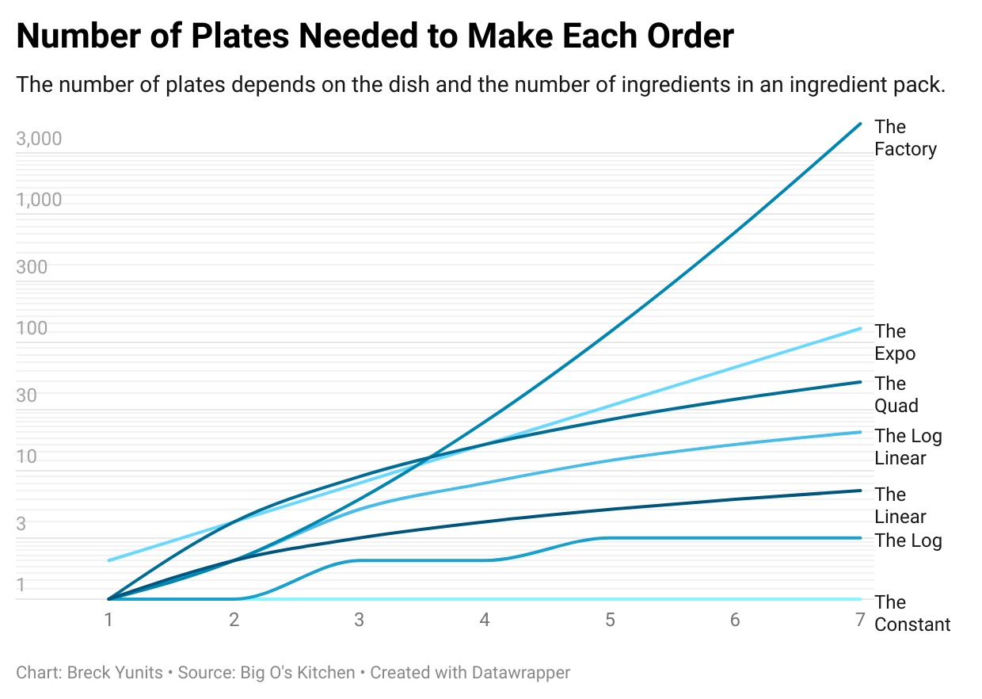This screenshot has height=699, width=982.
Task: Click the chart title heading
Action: [x=375, y=36]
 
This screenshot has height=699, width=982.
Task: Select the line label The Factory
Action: [x=905, y=138]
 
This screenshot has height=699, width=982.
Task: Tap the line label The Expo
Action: [x=895, y=342]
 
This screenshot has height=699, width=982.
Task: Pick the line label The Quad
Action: [x=896, y=395]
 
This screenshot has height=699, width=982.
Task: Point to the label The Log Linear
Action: [x=908, y=447]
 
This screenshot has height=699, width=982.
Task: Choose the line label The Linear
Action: [x=900, y=506]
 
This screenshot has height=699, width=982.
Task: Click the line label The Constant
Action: [x=912, y=613]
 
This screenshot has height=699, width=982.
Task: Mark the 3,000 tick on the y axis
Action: [x=39, y=139]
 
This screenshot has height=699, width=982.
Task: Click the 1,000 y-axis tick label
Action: [x=39, y=200]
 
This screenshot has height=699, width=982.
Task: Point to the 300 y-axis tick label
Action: [x=32, y=267]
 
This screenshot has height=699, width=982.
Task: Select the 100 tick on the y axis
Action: [x=32, y=328]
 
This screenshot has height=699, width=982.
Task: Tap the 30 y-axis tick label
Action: [x=27, y=395]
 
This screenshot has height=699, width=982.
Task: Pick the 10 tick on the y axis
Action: [x=27, y=456]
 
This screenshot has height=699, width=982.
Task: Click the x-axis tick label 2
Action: [x=234, y=620]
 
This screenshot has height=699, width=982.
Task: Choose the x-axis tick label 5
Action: [x=610, y=620]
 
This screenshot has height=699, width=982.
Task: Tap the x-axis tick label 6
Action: [x=735, y=620]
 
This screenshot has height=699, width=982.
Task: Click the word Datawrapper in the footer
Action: [x=520, y=673]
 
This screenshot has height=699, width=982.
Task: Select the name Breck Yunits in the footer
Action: [x=115, y=673]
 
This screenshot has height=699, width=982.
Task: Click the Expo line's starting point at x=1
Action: [x=108, y=560]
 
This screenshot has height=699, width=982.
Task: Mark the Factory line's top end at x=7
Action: [x=860, y=124]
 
